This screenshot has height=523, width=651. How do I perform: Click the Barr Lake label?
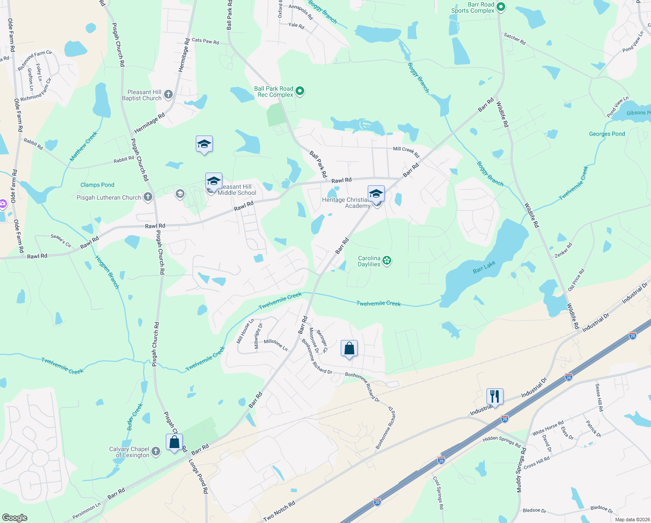tap(484, 267)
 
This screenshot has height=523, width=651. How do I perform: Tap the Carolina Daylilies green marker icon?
tap(387, 261)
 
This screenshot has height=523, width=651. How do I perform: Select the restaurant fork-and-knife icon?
tap(495, 396)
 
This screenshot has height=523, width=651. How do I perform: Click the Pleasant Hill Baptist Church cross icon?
tap(168, 94)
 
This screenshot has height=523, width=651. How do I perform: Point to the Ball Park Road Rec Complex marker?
tap(299, 91)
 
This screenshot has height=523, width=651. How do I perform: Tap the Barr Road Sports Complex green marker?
tap(500, 7)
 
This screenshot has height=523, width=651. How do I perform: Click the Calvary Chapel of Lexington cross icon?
tap(155, 452)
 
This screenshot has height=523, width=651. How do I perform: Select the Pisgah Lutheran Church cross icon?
tap(148, 197)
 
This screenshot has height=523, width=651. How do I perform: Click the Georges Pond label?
tap(607, 134)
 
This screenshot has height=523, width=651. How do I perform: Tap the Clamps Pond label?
tap(97, 185)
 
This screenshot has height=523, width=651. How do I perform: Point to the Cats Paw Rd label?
tap(205, 41)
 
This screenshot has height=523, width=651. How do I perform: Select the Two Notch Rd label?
tap(279, 511)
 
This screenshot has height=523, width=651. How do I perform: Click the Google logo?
tap(15, 518)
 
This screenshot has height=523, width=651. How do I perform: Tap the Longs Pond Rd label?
tap(198, 477)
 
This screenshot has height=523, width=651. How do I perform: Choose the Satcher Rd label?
tap(515, 39)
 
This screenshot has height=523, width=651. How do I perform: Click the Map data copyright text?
tap(632, 520)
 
